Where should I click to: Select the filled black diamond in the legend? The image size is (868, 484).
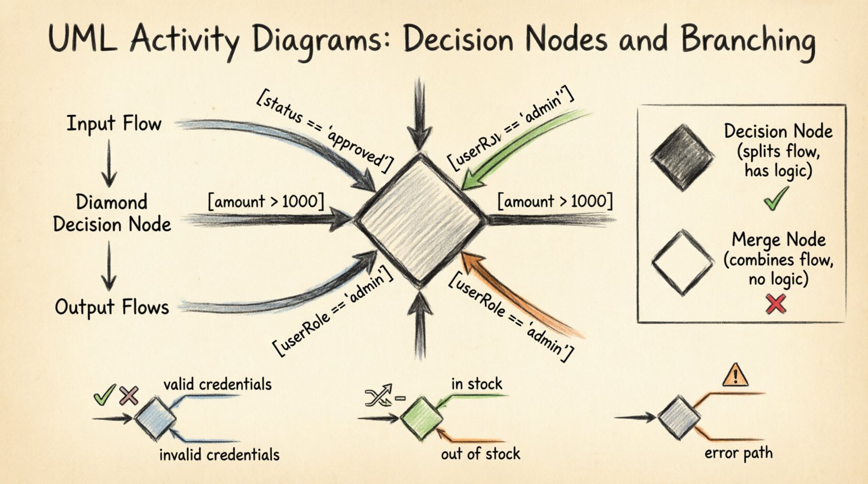[x=682, y=158]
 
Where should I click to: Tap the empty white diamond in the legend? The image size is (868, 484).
[x=682, y=263]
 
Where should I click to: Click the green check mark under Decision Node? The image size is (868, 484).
[x=776, y=199]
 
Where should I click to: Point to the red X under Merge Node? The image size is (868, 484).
[x=776, y=304]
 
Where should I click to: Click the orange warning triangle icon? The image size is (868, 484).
[x=736, y=375]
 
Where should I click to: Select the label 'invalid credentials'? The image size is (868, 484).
[x=219, y=455]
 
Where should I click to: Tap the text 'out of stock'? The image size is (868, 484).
[x=480, y=454]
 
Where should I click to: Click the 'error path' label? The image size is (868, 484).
[x=738, y=453]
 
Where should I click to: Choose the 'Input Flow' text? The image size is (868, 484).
[x=114, y=124]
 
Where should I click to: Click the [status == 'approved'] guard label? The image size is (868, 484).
[x=324, y=132]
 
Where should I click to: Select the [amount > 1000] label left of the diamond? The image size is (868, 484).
[x=266, y=201]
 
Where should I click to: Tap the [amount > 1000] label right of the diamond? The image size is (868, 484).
[x=555, y=201]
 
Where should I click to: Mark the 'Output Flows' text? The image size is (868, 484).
[x=112, y=307]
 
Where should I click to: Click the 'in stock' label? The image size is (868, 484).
[x=476, y=384]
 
